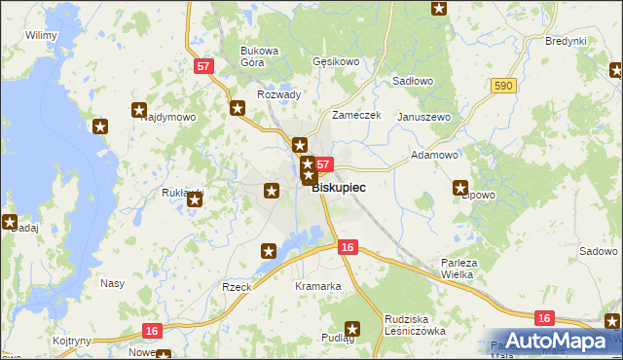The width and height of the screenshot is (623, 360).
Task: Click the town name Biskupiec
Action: pos(339,188)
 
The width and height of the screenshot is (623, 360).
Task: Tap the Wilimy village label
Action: pos(41,35)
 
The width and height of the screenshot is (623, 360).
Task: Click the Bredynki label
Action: pos(566,41)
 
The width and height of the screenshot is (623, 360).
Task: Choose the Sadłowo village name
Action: pos(411,82)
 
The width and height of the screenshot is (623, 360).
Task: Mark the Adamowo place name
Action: pos(434,155)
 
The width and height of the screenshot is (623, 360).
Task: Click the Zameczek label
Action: pos(356,115)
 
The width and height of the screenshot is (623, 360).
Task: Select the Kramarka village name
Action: pos(318,286)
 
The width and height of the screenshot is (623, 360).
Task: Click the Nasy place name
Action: pos(112,284)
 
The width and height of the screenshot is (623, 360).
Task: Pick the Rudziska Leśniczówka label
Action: pos(415,324)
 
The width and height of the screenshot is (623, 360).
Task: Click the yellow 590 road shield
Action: pos(502,87)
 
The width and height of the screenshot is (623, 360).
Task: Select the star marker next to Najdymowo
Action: pos(139,111)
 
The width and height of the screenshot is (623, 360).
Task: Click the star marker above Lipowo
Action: pos(461,188)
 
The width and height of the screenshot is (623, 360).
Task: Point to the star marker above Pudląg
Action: pos(352,329)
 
